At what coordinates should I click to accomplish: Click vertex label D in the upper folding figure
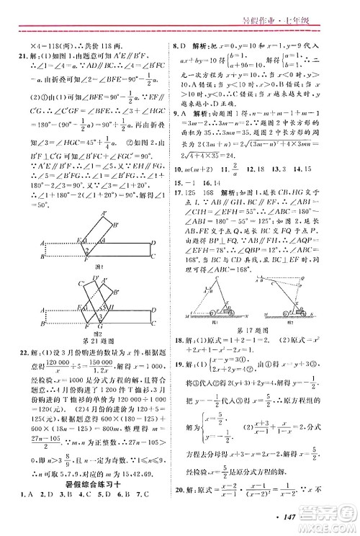[x=153, y=243]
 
